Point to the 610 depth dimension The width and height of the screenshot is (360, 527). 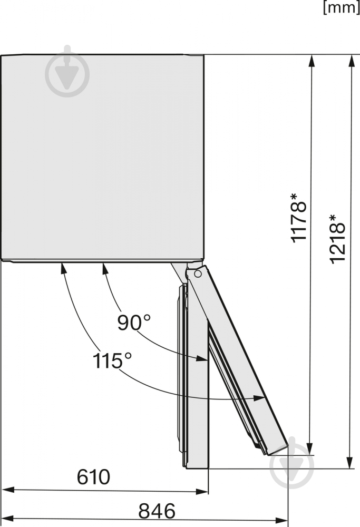point(93,477)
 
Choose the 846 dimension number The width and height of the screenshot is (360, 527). point(157,511)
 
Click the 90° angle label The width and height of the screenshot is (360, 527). point(134,323)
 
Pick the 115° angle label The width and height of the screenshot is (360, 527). point(112,362)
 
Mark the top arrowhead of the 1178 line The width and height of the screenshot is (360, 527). point(312,61)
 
